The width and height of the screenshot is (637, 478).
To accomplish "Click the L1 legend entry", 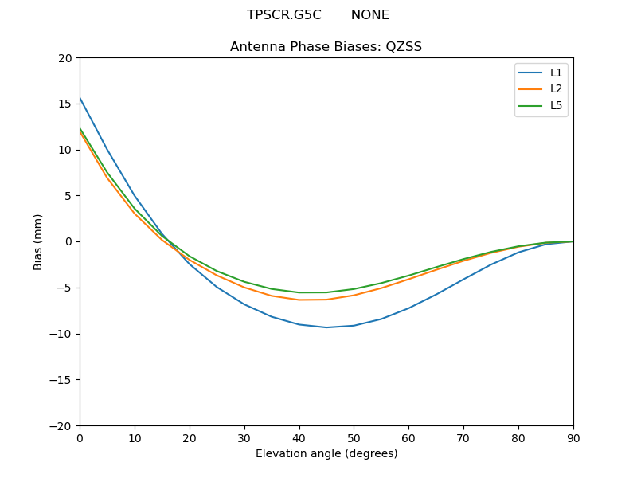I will (541, 72).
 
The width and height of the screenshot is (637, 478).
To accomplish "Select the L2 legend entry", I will (541, 89).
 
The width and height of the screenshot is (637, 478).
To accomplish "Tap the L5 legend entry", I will (541, 105).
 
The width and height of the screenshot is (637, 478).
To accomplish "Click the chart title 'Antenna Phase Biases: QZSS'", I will (326, 47).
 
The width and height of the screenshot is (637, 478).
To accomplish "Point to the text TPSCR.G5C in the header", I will (283, 15).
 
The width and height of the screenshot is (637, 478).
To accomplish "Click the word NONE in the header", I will (369, 15).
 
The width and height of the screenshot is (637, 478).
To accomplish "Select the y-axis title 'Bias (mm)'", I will (38, 241).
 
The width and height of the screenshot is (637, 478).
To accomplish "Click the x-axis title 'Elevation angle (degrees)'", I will (326, 454).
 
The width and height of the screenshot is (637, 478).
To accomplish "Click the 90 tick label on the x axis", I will (573, 438).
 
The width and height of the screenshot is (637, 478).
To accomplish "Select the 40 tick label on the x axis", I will (299, 438).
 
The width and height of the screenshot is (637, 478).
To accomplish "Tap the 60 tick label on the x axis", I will (408, 438).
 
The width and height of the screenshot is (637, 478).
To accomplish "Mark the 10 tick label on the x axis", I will (135, 438).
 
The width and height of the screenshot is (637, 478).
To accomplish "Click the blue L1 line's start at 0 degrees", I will (80, 98).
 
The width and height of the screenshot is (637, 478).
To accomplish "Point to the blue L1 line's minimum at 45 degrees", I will (326, 327).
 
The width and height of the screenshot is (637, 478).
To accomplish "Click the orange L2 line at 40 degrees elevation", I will (299, 300).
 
